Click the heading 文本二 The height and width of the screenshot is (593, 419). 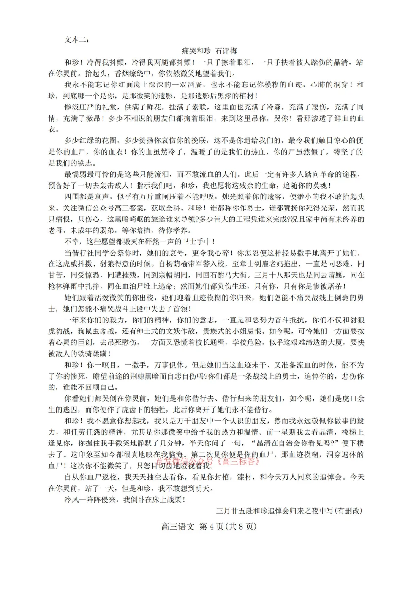click(76, 40)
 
